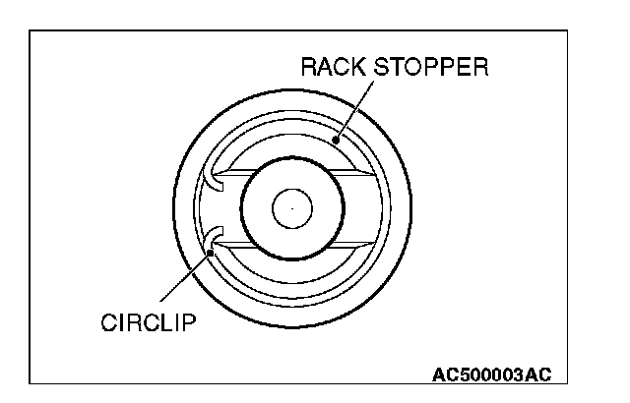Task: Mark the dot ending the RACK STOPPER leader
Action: (337, 139)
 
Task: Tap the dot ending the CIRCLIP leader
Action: (213, 253)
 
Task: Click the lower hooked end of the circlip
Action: (212, 236)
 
